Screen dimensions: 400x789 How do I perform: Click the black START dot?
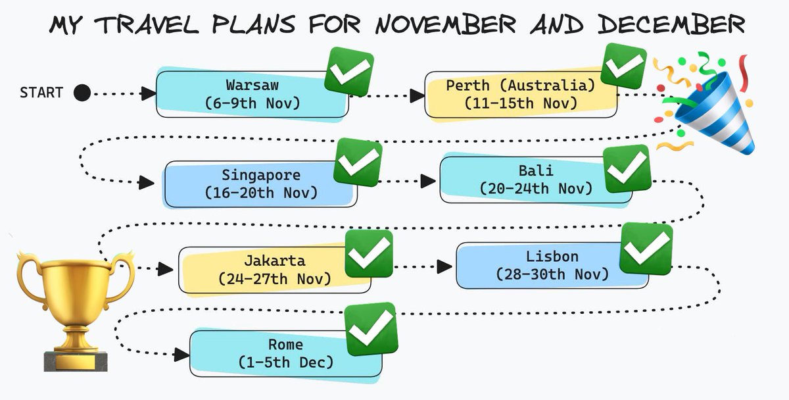pos(82,93)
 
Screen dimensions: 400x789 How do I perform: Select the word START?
pos(41,93)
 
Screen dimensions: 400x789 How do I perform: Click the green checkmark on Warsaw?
pos(348,72)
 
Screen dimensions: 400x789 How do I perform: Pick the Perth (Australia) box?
pos(520,94)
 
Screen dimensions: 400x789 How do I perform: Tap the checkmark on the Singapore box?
pos(357,162)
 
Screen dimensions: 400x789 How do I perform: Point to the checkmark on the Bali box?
pos(627,169)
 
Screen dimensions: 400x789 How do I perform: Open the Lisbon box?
pos(552,264)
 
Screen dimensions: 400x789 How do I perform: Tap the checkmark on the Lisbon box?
pos(646,248)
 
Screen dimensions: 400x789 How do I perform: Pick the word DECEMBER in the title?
pos(671,26)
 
